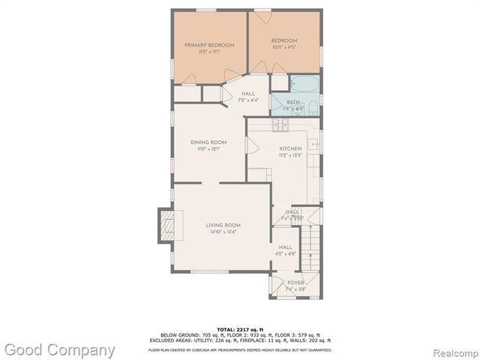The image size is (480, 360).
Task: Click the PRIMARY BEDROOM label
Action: [209, 45]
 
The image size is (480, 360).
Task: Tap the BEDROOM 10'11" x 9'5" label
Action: [284, 40]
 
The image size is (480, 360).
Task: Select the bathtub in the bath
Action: [304, 85]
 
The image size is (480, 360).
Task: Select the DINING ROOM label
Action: [208, 142]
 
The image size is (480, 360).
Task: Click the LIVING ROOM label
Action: [223, 225]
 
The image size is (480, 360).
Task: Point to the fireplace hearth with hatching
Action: [166, 226]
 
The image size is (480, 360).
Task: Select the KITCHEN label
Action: [289, 148]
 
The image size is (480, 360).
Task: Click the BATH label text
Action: [292, 101]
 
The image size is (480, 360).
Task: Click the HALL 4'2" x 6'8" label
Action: [286, 247]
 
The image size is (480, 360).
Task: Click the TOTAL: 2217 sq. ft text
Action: [239, 329]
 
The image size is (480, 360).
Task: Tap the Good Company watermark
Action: [60, 349]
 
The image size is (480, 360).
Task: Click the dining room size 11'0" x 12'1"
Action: [208, 149]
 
